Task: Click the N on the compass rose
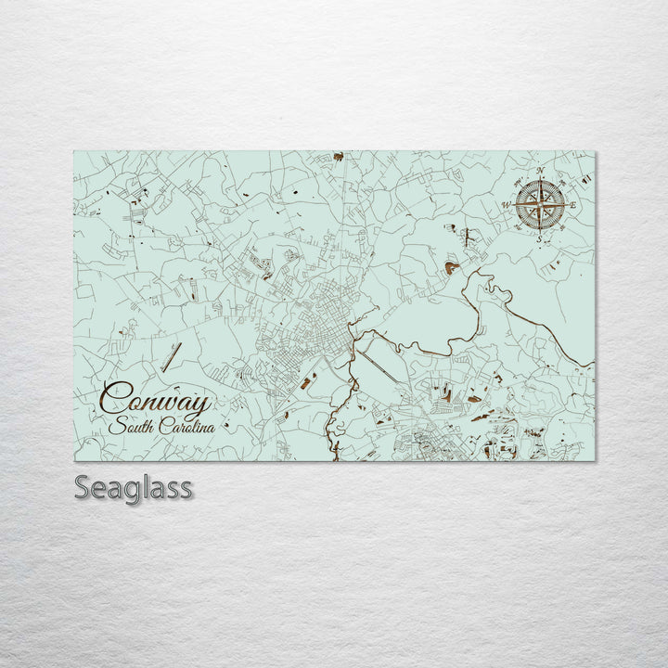pyautogui.click(x=540, y=170)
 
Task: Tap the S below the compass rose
pyautogui.click(x=537, y=238)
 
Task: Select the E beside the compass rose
pyautogui.click(x=573, y=204)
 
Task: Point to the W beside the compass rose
pyautogui.click(x=505, y=205)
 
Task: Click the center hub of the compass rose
pyautogui.click(x=538, y=204)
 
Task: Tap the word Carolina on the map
pyautogui.click(x=185, y=428)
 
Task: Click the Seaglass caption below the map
pyautogui.click(x=133, y=488)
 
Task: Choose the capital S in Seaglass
pyautogui.click(x=83, y=487)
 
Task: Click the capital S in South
pyautogui.click(x=116, y=428)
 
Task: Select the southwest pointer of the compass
pyautogui.click(x=525, y=219)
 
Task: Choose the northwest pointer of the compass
pyautogui.click(x=524, y=190)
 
